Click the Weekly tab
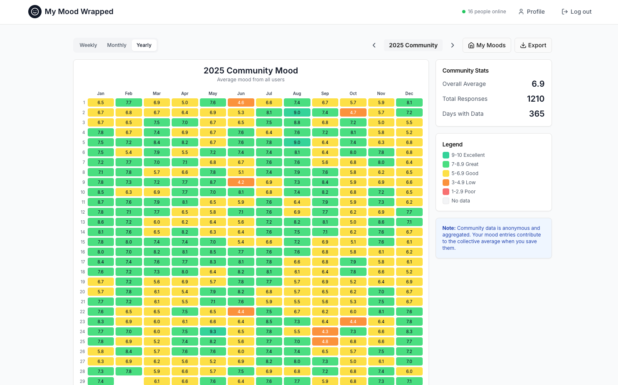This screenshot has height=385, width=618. click(x=88, y=45)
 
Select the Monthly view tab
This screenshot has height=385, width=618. click(x=116, y=45)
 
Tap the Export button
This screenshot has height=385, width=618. click(x=533, y=45)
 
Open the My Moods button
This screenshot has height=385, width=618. click(x=487, y=45)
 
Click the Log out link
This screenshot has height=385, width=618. click(x=576, y=12)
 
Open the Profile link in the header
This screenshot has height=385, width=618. click(x=532, y=12)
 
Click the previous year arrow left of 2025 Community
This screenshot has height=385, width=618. click(x=374, y=45)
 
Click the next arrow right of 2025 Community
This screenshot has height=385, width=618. click(x=453, y=45)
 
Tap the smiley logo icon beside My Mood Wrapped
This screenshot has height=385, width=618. click(x=35, y=12)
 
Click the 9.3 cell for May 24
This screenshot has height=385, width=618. click(x=213, y=331)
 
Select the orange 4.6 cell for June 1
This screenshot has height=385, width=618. click(x=241, y=102)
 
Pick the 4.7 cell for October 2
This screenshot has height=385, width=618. click(x=353, y=112)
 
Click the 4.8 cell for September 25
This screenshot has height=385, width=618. click(x=325, y=341)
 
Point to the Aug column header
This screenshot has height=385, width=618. click(x=297, y=93)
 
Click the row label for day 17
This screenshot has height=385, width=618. click(x=83, y=262)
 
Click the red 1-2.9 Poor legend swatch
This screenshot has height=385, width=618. click(x=446, y=192)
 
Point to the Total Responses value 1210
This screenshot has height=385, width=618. click(x=535, y=99)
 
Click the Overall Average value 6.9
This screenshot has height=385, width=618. click(x=538, y=84)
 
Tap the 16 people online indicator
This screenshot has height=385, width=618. click(x=484, y=12)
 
